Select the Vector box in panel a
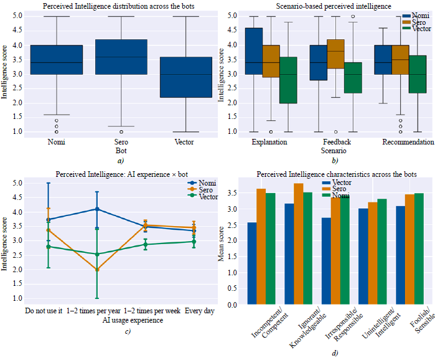tap(185, 77)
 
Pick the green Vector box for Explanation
tap(288, 80)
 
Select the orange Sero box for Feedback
tap(335, 54)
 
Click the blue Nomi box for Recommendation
tap(383, 60)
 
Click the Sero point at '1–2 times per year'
tap(97, 270)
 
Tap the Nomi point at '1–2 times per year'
tap(97, 209)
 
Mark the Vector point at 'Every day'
tap(194, 242)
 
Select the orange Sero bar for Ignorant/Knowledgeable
tap(298, 244)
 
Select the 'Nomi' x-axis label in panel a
tap(56, 142)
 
